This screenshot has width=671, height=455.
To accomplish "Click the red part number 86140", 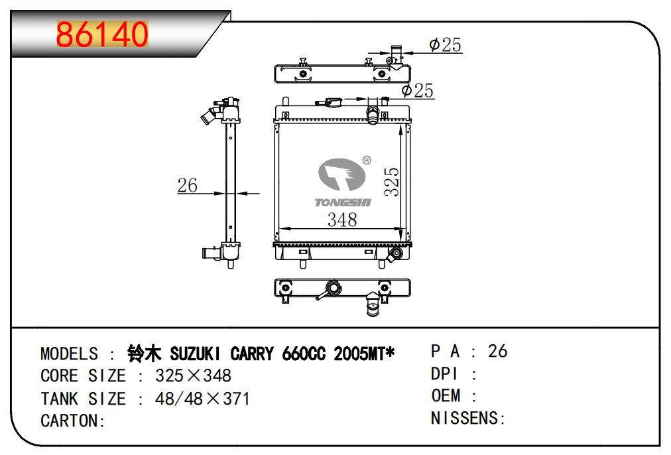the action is click(102, 34).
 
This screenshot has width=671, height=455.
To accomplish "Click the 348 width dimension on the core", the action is click(342, 220).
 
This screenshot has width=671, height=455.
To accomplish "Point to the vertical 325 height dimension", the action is click(391, 182).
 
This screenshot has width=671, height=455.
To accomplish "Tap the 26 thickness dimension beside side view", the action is click(188, 185).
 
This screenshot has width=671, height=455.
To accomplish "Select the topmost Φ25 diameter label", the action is click(445, 44).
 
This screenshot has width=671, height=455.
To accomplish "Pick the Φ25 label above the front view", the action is click(417, 90).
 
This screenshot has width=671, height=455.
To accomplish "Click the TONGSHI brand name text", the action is click(343, 202).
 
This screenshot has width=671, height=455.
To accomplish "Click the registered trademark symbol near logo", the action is click(367, 161).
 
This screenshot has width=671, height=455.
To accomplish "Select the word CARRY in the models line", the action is click(252, 354).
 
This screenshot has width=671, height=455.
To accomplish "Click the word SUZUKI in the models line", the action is click(195, 354).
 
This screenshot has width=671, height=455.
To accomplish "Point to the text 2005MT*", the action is click(364, 354).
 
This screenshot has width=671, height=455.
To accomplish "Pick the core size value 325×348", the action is click(193, 376).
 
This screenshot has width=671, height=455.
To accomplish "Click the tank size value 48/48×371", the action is click(202, 399).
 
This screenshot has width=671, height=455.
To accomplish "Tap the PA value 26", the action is click(498, 351).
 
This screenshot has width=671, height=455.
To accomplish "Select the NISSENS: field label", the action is click(468, 419).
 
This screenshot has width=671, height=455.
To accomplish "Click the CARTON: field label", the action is click(73, 421).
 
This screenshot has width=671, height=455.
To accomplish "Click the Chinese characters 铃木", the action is click(145, 354).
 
